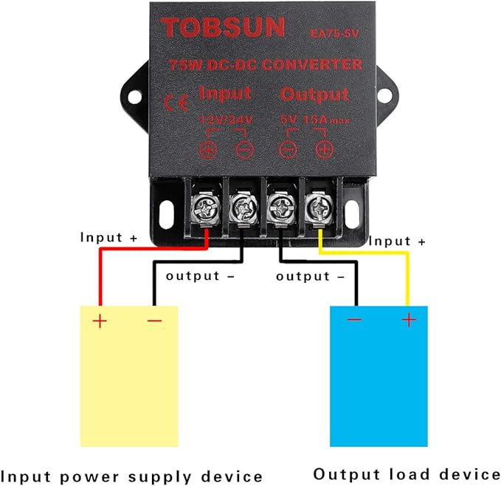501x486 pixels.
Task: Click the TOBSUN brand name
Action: tap(223, 28)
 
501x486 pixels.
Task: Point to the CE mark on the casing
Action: tap(171, 103)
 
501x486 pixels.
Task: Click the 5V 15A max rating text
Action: tap(313, 120)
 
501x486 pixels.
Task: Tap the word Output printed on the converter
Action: tap(314, 95)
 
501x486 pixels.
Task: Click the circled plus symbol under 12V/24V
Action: tap(208, 149)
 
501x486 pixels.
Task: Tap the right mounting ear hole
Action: tap(385, 94)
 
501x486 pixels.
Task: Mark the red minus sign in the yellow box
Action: tap(154, 321)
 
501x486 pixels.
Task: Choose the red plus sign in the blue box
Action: tap(409, 320)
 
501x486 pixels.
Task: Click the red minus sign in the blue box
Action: tap(354, 320)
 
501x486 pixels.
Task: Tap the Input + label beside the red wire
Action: tap(108, 239)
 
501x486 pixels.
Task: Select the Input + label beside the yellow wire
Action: tap(397, 242)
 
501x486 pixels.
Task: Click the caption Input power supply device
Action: tap(132, 475)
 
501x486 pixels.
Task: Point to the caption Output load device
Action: tap(407, 473)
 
